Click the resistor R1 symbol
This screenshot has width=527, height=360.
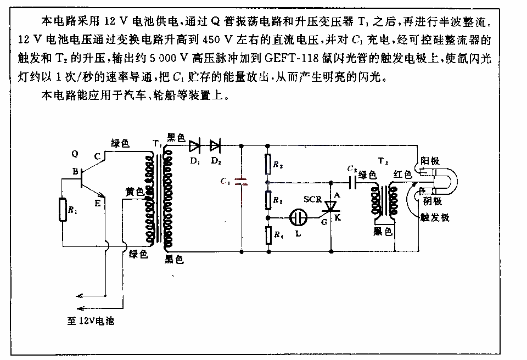pos(63,210)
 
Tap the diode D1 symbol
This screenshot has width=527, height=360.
pos(194,146)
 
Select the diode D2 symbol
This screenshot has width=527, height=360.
pos(215,146)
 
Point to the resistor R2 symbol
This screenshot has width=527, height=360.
pos(268,164)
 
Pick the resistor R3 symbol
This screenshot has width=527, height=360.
pos(268,200)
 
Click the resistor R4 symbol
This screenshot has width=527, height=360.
pos(268,235)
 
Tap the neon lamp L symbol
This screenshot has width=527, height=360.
pos(299,217)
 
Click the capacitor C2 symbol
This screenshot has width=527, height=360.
pos(352,183)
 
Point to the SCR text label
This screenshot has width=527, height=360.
pos(313,199)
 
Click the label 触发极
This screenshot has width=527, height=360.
pos(435,217)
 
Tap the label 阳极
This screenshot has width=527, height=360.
pos(430,161)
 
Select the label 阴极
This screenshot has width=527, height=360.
pos(433,201)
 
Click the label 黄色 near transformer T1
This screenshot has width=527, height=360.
pos(135,192)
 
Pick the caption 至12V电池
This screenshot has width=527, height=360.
pos(91,320)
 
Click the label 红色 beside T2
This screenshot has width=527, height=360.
pos(403,174)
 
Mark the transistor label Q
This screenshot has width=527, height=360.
pos(75,154)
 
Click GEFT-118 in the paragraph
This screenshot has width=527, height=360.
pos(291,58)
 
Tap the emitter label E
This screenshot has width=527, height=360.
pos(98,203)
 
